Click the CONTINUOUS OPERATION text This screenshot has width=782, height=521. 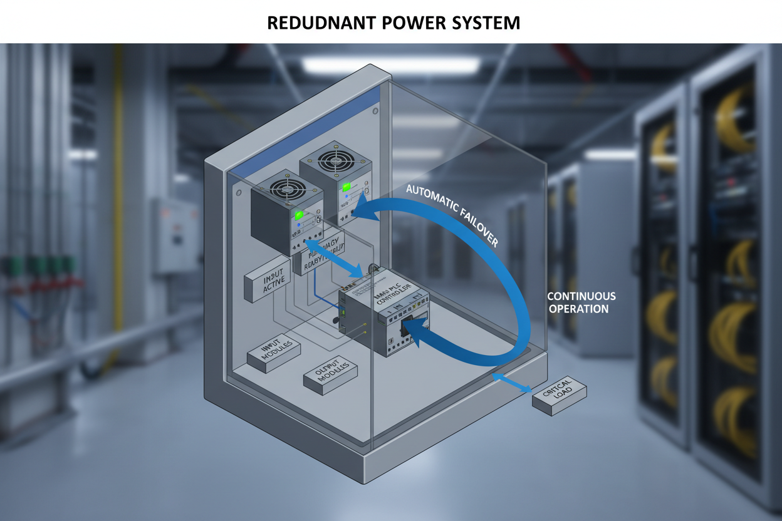point(581,302)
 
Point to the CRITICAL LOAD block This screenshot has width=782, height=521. point(560,398)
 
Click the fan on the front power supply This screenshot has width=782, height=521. point(286,189)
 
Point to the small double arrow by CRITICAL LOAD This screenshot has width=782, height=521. point(512,383)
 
